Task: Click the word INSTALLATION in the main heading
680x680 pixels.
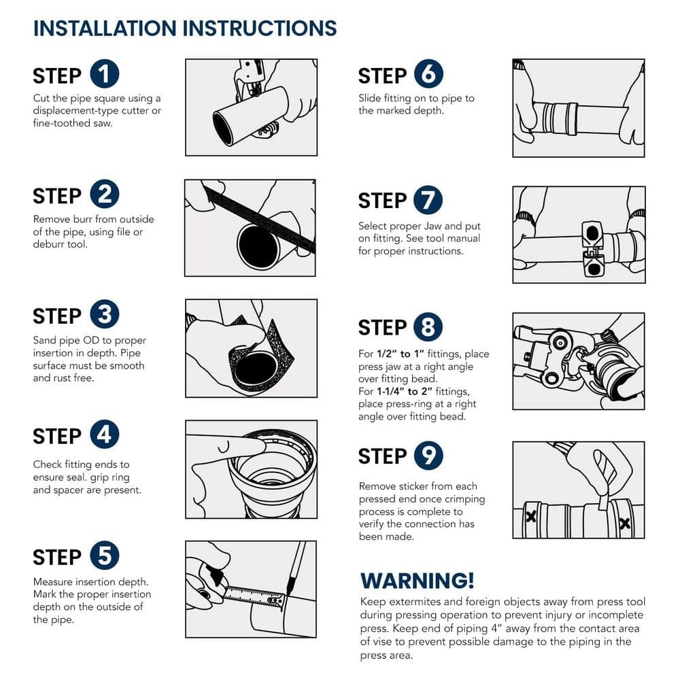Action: click(x=105, y=28)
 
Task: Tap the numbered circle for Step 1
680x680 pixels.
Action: click(x=105, y=73)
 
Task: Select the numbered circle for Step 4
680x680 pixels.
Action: click(x=105, y=434)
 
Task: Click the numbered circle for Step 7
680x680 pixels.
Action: click(x=428, y=200)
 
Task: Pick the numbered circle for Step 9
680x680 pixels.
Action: click(x=428, y=456)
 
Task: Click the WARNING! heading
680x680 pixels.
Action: click(x=418, y=580)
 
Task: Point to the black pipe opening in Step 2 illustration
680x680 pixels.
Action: click(x=258, y=246)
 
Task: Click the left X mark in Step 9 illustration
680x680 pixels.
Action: click(x=530, y=516)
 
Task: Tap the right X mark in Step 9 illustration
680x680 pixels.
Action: click(x=624, y=524)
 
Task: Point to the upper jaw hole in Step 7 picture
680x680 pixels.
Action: click(x=592, y=234)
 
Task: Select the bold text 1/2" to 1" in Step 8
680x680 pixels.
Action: click(x=400, y=354)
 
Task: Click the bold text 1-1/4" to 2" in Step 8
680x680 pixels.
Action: click(x=404, y=391)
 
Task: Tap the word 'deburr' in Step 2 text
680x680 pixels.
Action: click(x=46, y=244)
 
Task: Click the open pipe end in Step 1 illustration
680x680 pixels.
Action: click(x=224, y=128)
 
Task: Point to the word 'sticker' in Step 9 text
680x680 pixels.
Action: click(x=415, y=486)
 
